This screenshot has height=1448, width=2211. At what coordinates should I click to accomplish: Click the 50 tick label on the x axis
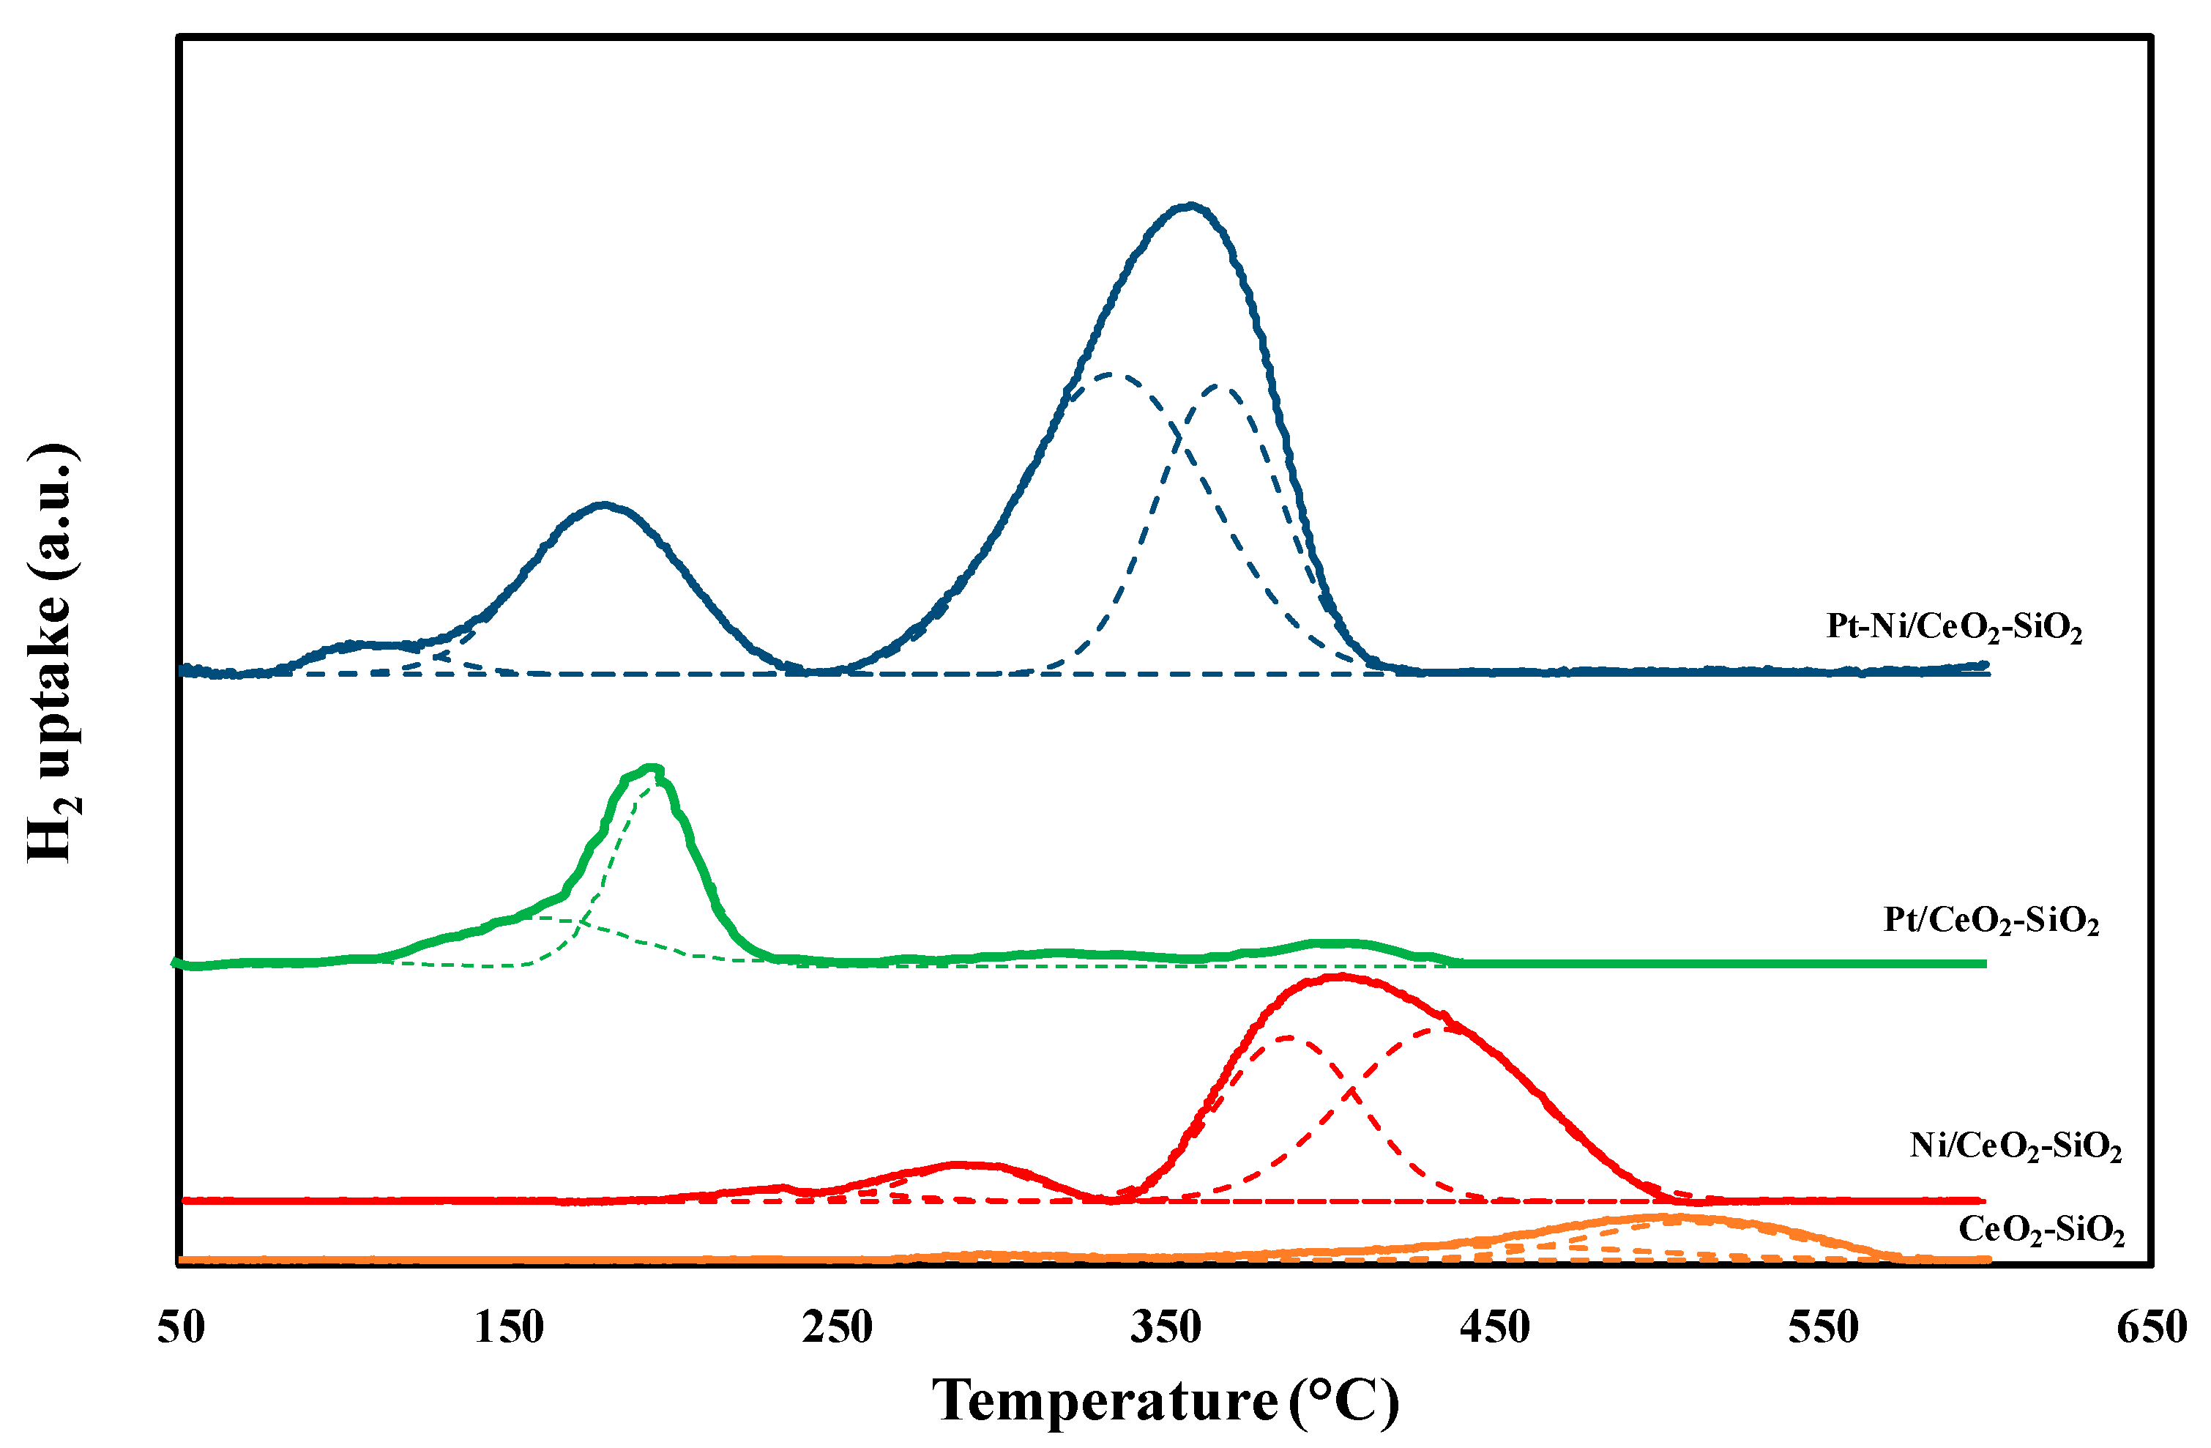coord(180,1327)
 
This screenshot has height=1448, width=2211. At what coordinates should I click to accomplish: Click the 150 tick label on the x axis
coord(509,1327)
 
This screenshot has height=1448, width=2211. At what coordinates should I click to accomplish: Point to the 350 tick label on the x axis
coord(1166,1327)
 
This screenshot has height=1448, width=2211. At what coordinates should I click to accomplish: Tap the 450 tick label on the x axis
coord(1495,1327)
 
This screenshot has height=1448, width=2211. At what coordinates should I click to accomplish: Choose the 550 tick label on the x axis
coord(1824,1327)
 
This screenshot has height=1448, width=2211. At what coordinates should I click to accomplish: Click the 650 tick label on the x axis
coord(2152,1327)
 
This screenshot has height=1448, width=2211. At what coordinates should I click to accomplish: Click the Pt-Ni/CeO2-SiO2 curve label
coord(1954,628)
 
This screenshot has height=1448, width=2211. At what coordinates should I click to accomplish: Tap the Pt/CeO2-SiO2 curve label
coord(1991,920)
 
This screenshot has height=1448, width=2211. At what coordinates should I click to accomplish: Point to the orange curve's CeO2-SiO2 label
coord(2041,1230)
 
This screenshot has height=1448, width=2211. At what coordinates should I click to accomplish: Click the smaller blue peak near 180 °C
coord(604,505)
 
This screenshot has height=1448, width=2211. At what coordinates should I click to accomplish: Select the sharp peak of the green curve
coord(654,768)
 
